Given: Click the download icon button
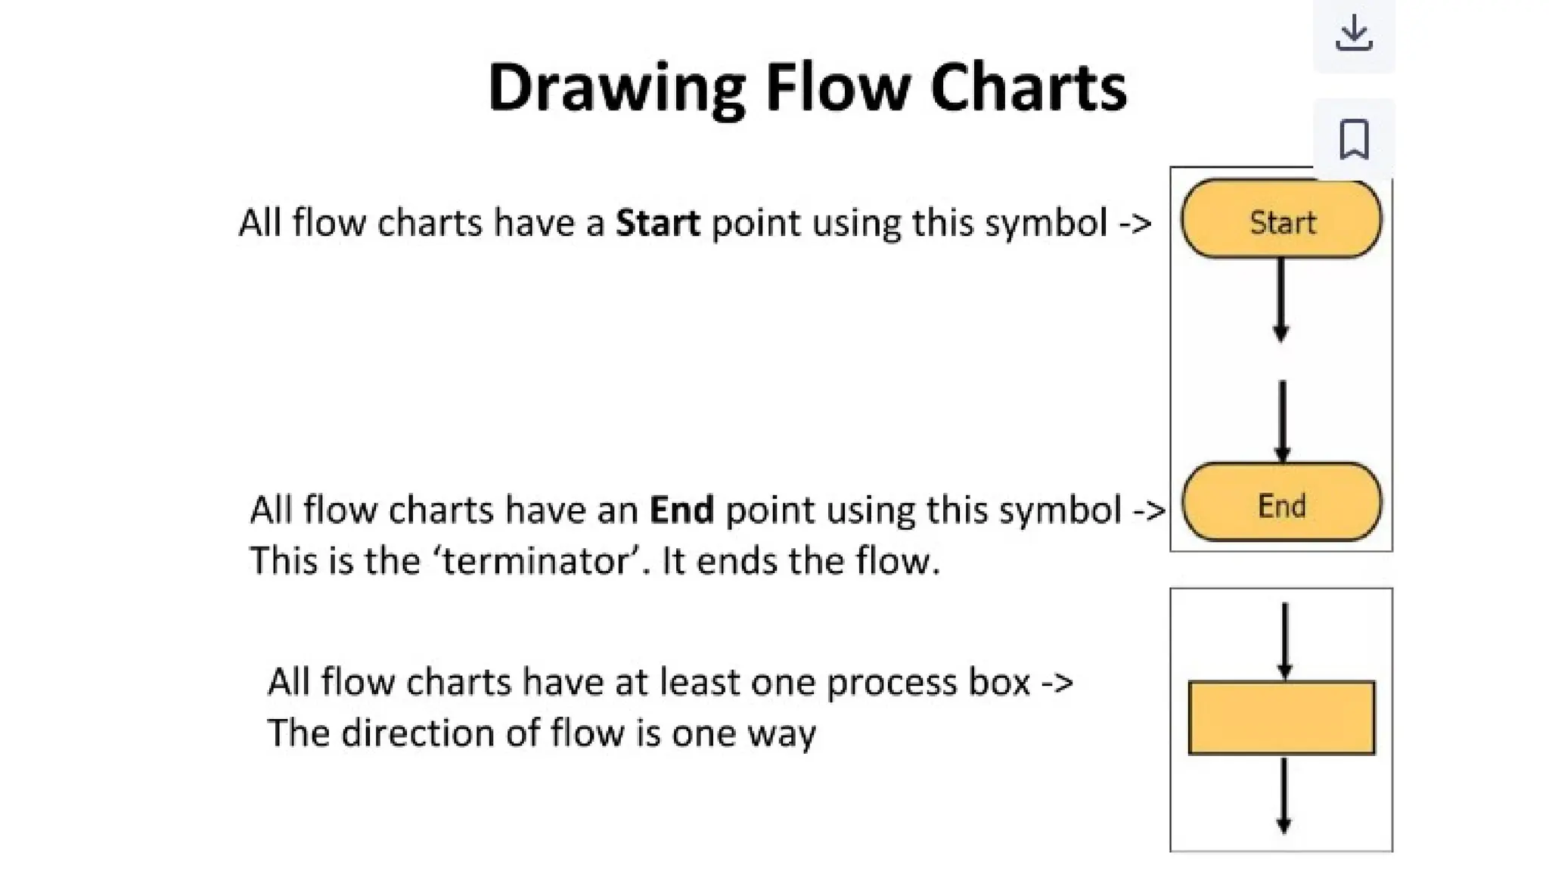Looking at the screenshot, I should tap(1354, 33).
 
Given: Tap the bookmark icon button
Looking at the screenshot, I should tap(1354, 139).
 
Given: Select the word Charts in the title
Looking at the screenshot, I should tap(1029, 87).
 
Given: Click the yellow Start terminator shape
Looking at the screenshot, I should tap(1281, 220).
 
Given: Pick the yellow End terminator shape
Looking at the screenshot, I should tap(1281, 503).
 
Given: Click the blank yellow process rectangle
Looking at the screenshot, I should tap(1281, 718).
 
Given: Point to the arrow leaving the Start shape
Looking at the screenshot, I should tap(1280, 299).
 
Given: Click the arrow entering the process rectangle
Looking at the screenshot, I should tap(1284, 640).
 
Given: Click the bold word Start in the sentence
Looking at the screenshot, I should tap(657, 223).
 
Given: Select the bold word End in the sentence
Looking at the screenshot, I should tap(681, 510).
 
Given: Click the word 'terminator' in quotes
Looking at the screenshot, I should tap(536, 561).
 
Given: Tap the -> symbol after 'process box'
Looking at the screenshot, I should tap(1057, 683).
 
